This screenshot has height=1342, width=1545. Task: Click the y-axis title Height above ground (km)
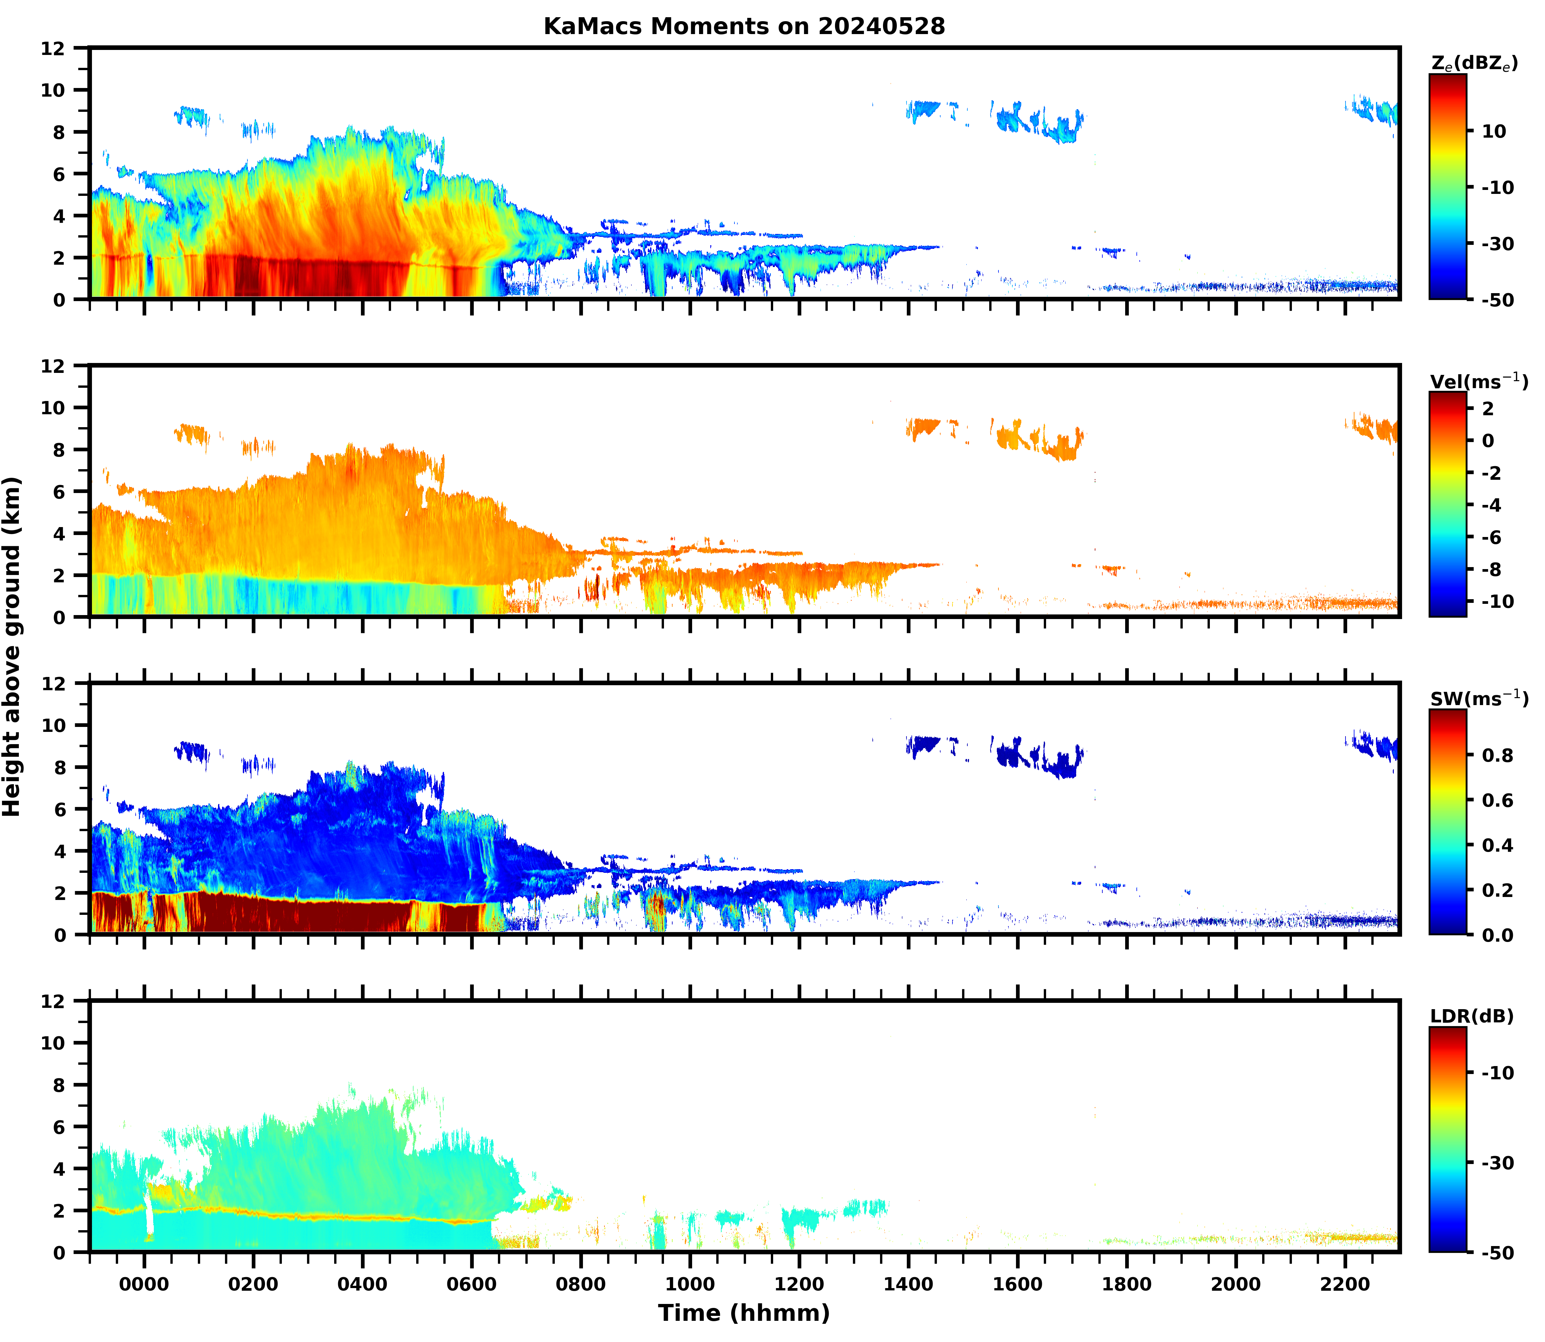click(x=12, y=646)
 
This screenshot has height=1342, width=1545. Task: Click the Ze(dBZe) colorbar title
click(x=1474, y=65)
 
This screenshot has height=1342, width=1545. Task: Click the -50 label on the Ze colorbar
click(x=1498, y=300)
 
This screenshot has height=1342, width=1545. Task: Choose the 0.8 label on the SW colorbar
click(x=1498, y=756)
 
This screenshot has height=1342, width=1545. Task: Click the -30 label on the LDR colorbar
click(x=1498, y=1163)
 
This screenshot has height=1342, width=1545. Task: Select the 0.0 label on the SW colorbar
click(x=1498, y=935)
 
